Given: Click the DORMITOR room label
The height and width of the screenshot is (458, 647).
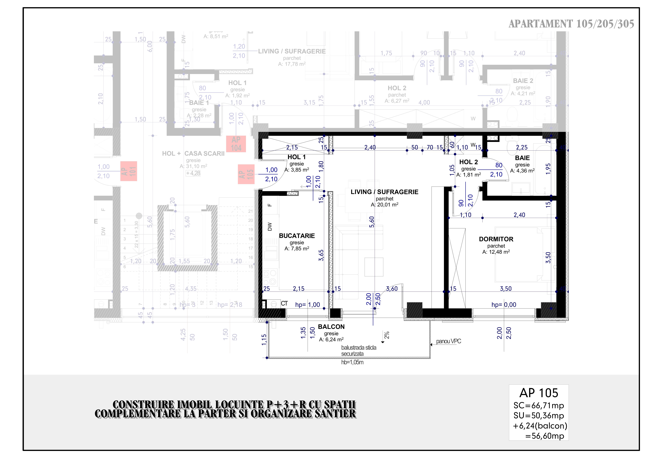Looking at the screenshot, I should tap(496, 239).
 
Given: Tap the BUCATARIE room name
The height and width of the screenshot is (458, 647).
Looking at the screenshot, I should tap(297, 236).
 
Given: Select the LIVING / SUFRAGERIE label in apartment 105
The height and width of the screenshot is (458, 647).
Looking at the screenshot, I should tap(384, 192).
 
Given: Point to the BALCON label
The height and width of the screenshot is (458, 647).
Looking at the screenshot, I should tap(331, 327).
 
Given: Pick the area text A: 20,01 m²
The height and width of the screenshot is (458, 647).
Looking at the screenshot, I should tap(384, 205).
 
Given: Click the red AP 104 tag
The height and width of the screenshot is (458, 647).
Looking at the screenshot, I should tap(236, 144).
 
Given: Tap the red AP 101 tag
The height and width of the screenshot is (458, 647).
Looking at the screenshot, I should tap(129, 171).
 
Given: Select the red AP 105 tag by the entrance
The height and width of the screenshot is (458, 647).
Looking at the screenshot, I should tap(246, 174).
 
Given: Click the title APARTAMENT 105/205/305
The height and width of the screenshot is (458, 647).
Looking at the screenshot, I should tap(571, 24).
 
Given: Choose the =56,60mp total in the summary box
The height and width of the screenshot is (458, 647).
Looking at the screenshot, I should tap(544, 436).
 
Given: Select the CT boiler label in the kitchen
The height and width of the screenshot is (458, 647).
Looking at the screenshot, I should tap(284, 303).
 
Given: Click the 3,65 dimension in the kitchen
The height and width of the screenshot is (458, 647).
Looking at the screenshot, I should tap(321, 255).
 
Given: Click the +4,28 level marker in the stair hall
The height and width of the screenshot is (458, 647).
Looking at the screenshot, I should tap(193, 173).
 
